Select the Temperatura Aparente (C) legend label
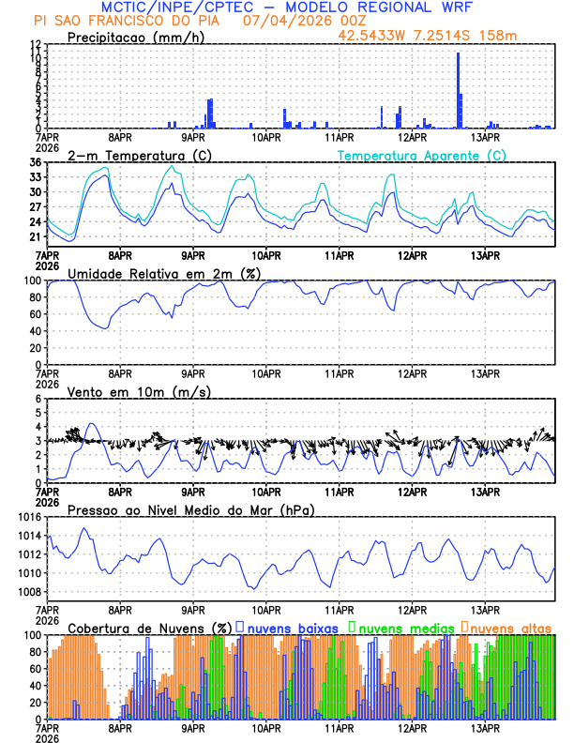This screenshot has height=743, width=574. [421, 156]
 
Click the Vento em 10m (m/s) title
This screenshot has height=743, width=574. [132, 391]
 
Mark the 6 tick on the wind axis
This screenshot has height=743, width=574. [38, 399]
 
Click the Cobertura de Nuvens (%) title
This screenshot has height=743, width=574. [150, 627]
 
